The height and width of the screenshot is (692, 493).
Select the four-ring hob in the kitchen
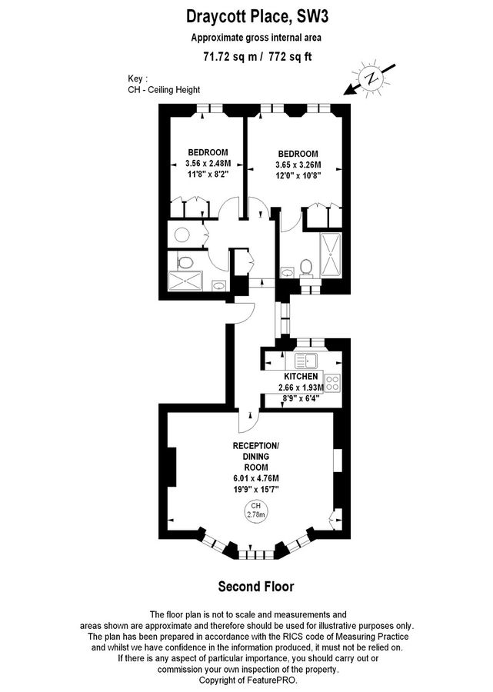click(334, 382)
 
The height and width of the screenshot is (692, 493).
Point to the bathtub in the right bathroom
click(331, 254)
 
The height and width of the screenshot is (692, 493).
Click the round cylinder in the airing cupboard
click(183, 235)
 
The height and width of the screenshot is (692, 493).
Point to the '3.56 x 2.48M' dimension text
click(208, 163)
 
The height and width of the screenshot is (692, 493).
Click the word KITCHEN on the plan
click(301, 376)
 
